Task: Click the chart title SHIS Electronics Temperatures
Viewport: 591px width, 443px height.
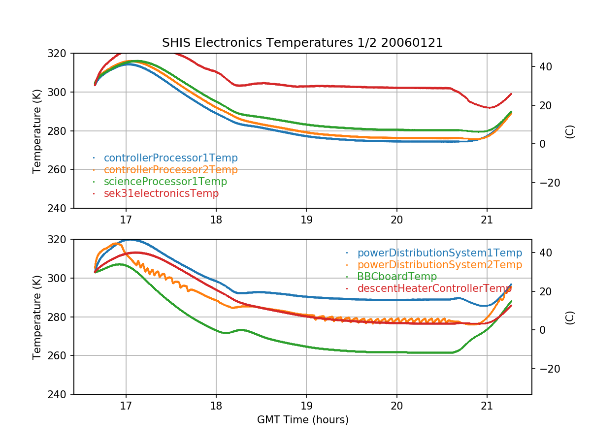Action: (302, 43)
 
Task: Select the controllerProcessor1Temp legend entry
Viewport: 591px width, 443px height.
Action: (170, 158)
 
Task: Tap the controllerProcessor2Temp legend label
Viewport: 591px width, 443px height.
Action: (170, 170)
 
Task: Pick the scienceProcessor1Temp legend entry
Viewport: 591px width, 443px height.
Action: (165, 182)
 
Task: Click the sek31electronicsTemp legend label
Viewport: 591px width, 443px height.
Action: (161, 193)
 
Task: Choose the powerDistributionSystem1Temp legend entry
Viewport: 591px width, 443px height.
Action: (439, 253)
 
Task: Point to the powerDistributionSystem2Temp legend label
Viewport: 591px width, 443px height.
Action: (439, 265)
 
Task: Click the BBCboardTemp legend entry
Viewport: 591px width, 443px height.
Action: (397, 277)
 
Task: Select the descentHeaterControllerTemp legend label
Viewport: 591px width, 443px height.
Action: (434, 288)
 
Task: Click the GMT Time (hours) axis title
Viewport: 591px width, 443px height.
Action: (302, 420)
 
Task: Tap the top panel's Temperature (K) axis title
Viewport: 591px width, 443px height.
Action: (37, 131)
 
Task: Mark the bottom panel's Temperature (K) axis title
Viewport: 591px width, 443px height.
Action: (37, 317)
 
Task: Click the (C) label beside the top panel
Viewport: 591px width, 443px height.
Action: (570, 131)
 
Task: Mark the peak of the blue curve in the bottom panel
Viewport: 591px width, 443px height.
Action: (130, 240)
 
